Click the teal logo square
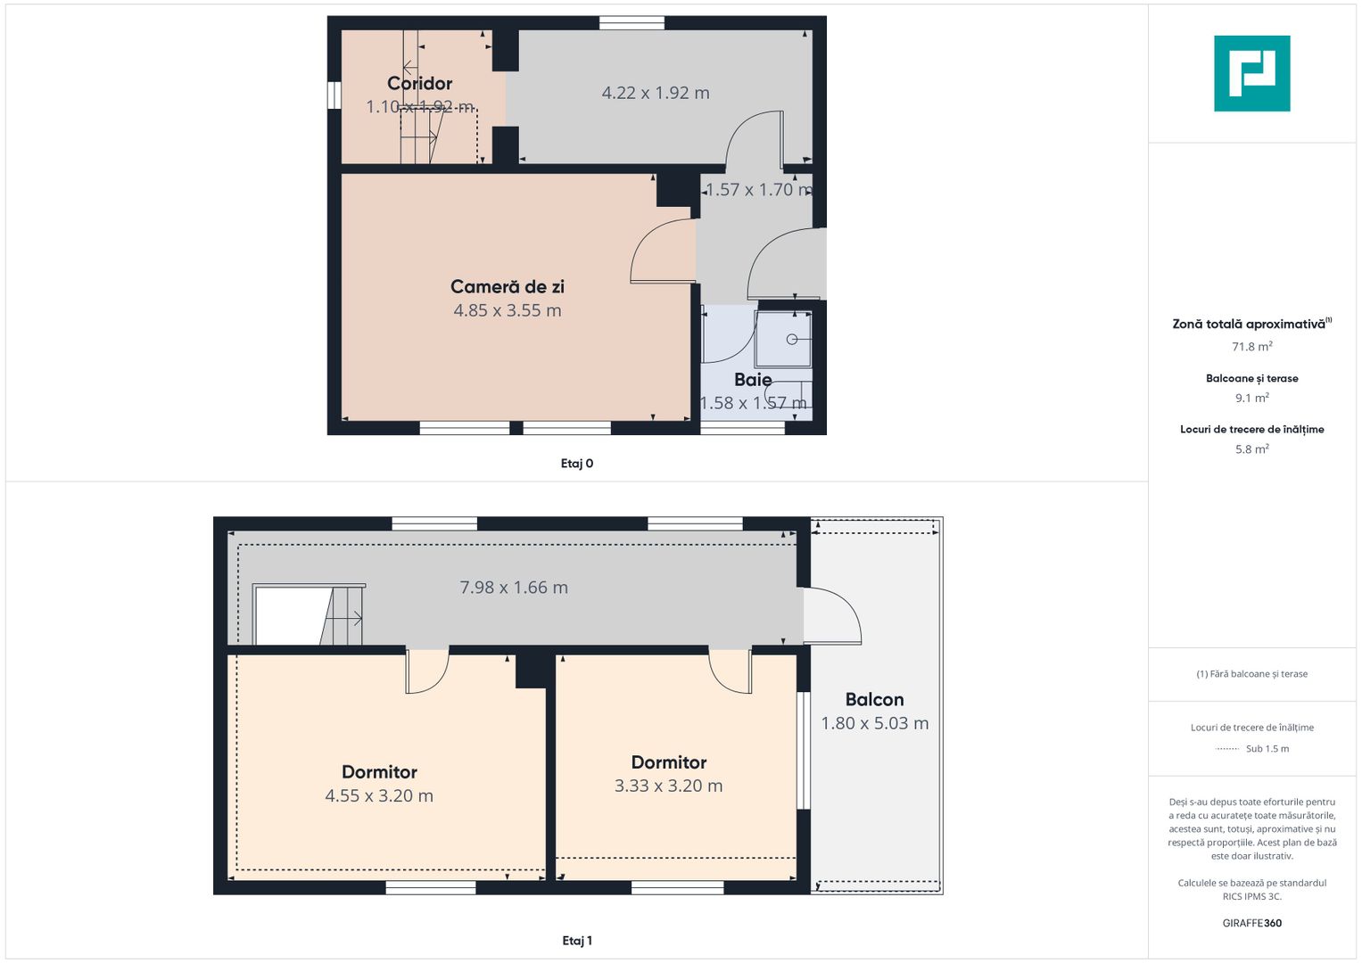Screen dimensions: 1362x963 pos(1252,73)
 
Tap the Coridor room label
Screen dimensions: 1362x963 pos(419,83)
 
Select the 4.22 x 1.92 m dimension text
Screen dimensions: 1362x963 pos(656,93)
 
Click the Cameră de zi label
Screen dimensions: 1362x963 pos(508,286)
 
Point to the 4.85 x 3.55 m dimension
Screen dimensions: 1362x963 pos(508,310)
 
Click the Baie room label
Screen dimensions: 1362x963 pos(753,379)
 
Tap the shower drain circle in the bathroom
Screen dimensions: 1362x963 pos(792,339)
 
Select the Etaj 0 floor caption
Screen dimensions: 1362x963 pos(577,464)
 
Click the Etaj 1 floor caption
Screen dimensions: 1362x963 pos(577,941)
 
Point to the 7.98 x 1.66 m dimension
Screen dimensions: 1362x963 pos(514,588)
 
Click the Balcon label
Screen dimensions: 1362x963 pos(874,700)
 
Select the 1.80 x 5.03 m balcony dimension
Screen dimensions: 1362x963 pos(874,723)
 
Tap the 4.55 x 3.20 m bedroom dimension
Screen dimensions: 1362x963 pos(379,795)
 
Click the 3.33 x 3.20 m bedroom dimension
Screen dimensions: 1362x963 pos(668,786)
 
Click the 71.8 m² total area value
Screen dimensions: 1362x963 pos(1252,347)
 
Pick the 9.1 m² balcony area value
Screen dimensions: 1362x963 pos(1252,398)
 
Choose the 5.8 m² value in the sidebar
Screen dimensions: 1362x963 pos(1252,449)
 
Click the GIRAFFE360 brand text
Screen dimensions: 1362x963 pos(1252,923)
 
